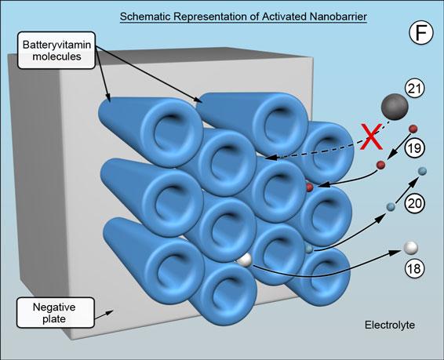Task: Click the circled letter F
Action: tap(421, 33)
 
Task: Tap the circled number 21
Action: tap(415, 89)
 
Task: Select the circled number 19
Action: tap(414, 148)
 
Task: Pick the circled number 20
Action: tap(415, 203)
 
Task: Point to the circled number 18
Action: tap(415, 268)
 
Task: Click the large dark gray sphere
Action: tap(395, 107)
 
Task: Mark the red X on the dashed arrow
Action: tap(372, 136)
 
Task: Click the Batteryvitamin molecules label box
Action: tap(56, 50)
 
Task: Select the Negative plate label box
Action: tap(55, 312)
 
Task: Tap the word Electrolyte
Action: tap(390, 325)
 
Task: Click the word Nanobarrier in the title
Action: tap(338, 16)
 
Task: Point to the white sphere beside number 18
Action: tap(410, 248)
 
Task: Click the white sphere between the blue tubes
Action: tap(245, 260)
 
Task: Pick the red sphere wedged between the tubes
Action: tap(309, 187)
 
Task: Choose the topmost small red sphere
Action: tap(413, 129)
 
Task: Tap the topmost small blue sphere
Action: tap(422, 171)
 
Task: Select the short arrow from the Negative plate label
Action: tap(104, 315)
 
